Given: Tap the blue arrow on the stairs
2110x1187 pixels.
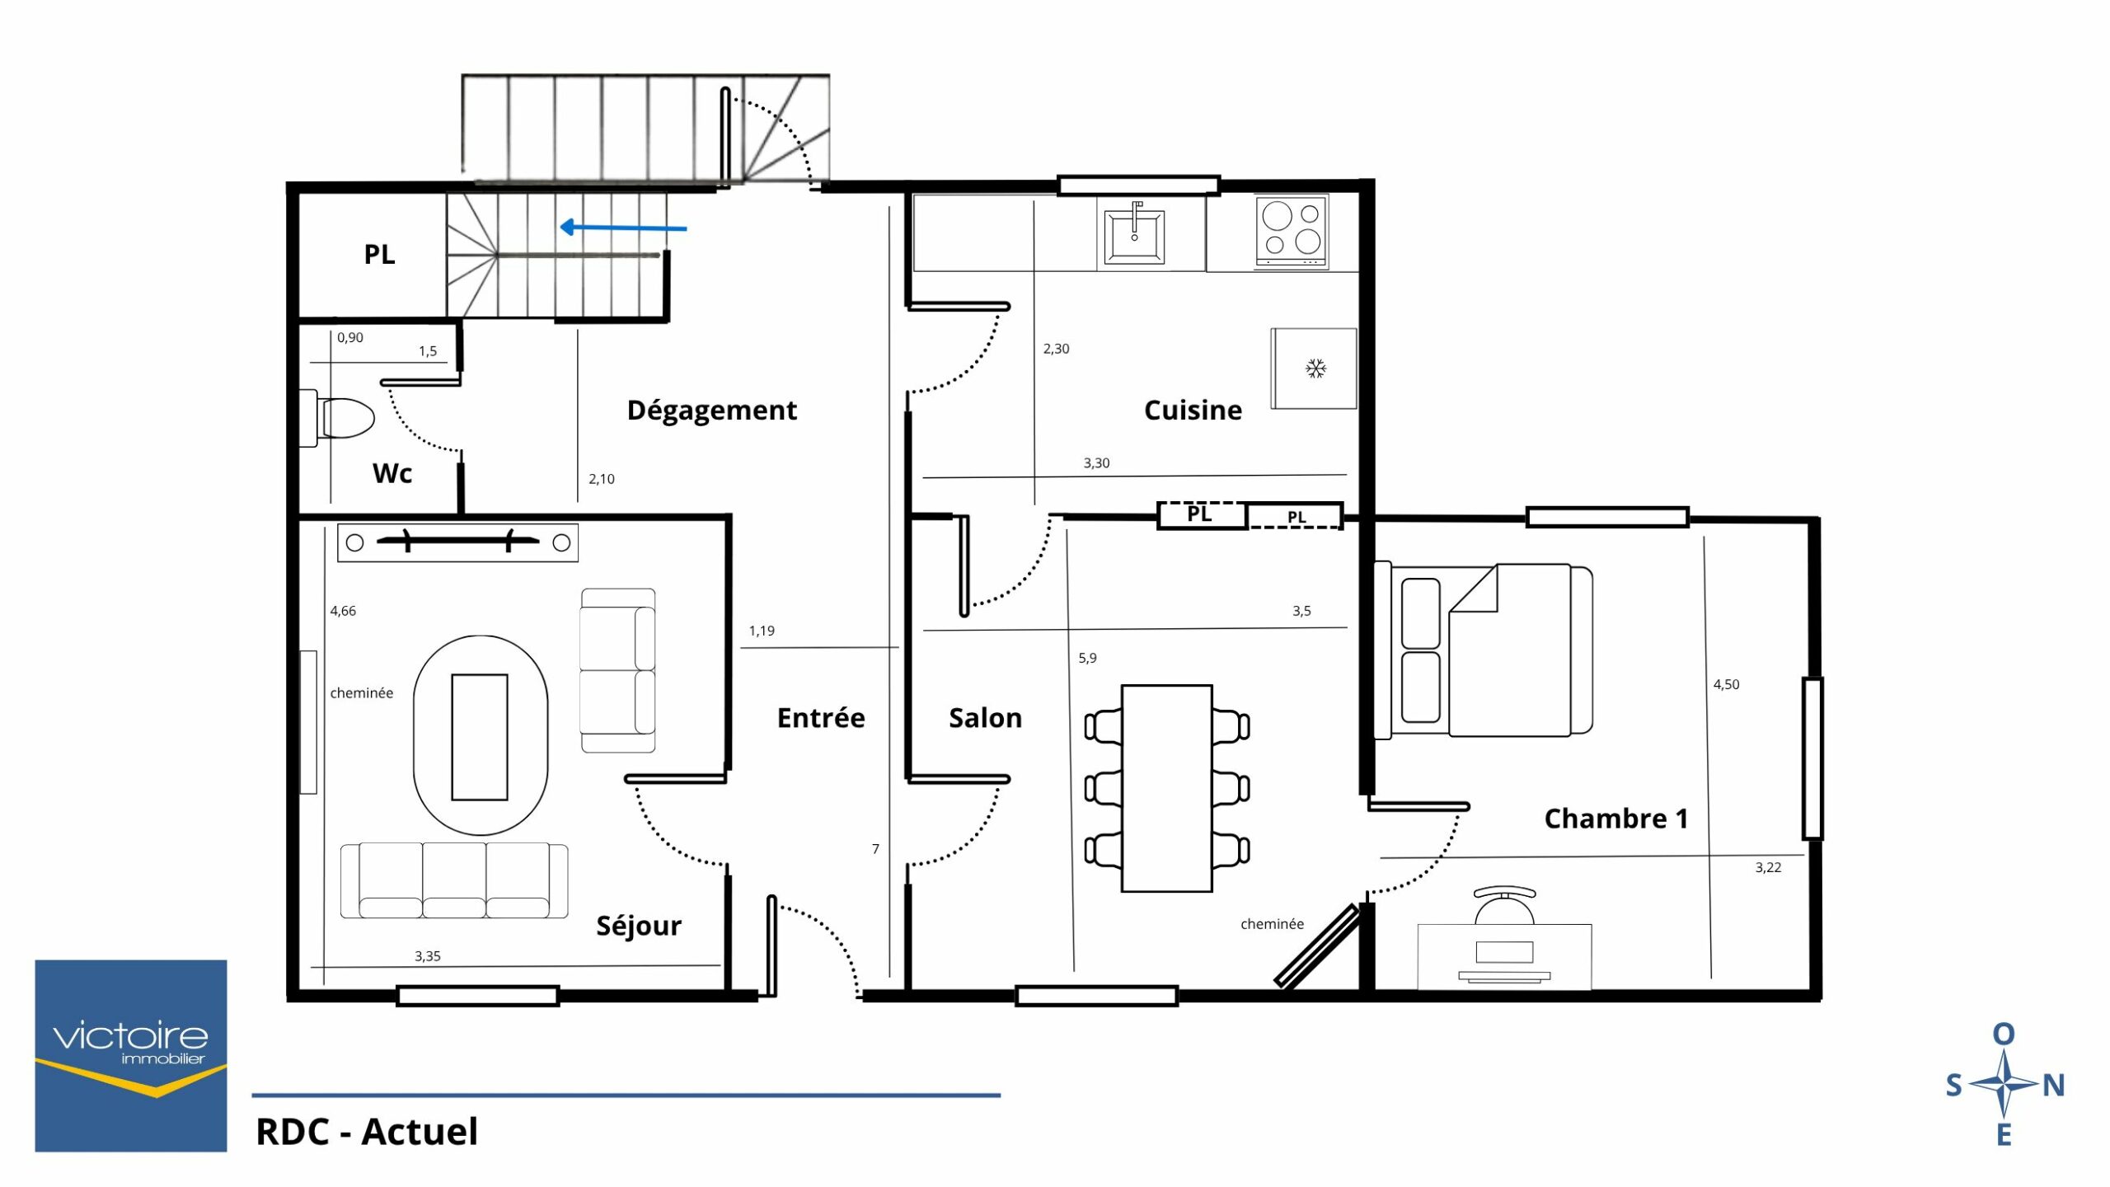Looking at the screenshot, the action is point(623,228).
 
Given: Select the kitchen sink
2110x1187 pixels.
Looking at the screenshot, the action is point(1134,235).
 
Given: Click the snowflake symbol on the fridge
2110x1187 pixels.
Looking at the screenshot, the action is point(1315,368).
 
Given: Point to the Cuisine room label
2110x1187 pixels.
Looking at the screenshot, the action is point(1193,410).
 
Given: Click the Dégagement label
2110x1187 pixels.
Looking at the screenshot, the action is point(711,410).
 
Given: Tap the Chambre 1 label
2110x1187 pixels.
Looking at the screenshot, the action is point(1615,818).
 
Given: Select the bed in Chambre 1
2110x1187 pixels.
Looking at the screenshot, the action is point(1483,650).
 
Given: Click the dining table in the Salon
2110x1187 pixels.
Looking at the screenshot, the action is point(1166,788).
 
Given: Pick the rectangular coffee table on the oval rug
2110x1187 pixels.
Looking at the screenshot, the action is point(480,737).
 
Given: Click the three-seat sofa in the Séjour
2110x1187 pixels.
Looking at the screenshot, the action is point(454,880).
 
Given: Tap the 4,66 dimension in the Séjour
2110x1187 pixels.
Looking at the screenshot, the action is point(343,611).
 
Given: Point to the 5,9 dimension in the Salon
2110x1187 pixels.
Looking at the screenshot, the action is point(1087,658).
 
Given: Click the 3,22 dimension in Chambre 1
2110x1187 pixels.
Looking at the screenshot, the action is point(1768,867).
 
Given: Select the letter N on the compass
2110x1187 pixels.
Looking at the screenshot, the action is point(2053,1086).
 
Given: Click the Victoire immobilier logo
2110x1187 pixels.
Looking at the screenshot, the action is point(130,1055).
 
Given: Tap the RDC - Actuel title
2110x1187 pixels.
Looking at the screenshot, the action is point(367,1132).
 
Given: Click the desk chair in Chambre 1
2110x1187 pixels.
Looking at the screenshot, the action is point(1504,905).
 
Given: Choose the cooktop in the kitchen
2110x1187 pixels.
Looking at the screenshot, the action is point(1292,231).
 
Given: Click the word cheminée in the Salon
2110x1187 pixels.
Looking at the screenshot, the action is point(1272,924).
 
